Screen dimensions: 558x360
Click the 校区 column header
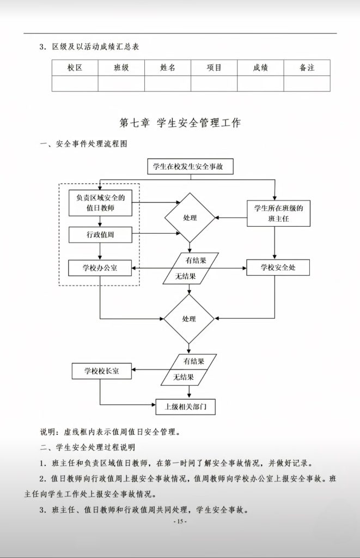[75, 68]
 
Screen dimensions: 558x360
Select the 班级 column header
[121, 68]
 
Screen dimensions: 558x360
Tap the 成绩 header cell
[260, 68]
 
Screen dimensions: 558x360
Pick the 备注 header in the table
[307, 68]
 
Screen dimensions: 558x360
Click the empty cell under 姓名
[167, 83]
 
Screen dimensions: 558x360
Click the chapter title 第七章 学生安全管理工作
[180, 123]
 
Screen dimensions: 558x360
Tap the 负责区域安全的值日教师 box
[100, 203]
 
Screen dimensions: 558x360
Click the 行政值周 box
[100, 235]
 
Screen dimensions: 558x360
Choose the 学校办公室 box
[100, 268]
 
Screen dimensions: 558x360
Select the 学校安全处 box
[278, 268]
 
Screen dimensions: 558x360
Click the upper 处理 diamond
[190, 218]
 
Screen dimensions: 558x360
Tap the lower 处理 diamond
[189, 319]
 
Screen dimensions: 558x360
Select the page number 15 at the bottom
[180, 521]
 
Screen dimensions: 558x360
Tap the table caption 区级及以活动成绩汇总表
[95, 46]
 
